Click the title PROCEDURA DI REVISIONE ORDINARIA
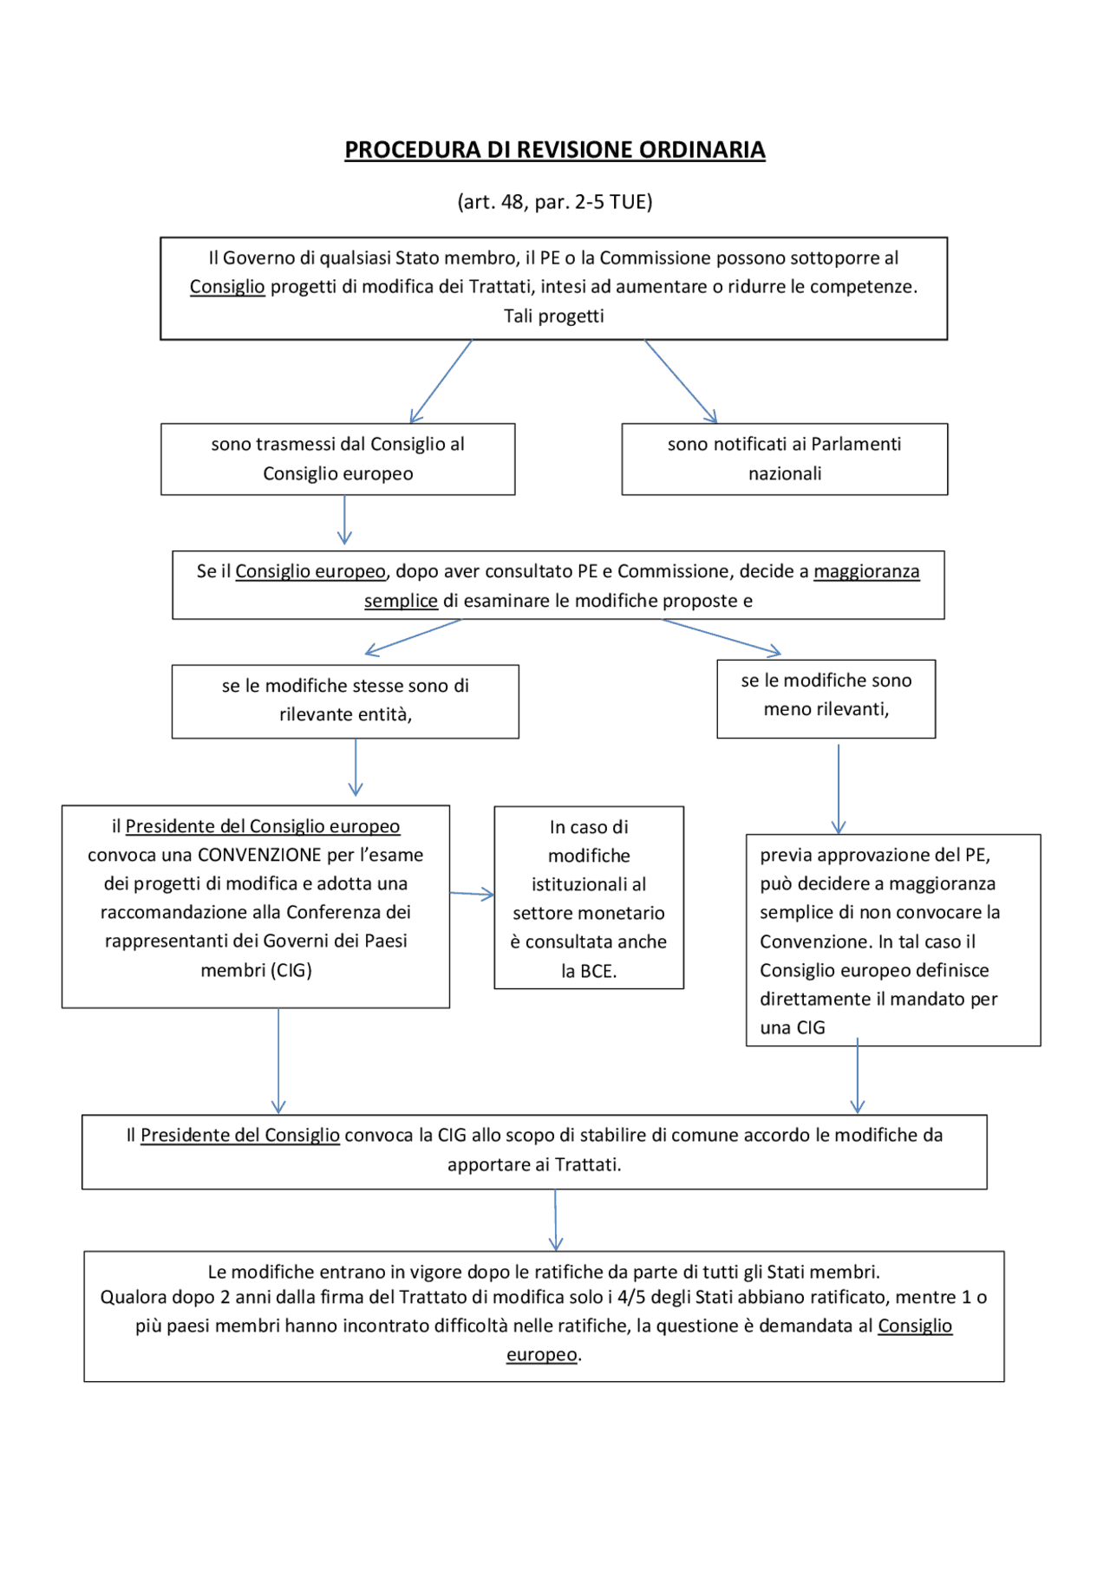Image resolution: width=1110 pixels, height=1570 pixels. pos(554,150)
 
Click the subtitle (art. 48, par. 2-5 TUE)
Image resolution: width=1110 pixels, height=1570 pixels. pos(554,202)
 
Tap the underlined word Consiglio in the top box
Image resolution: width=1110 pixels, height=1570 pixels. pos(227,287)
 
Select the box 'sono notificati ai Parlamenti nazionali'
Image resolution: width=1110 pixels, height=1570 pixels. pos(784,459)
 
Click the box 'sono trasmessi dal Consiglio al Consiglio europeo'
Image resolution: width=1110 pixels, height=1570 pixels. pos(337,459)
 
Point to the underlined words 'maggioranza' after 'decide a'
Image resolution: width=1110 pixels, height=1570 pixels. pos(865,571)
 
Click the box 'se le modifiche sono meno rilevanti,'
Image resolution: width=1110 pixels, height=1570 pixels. pos(826,699)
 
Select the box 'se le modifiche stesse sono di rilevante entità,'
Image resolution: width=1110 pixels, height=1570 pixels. pos(345,701)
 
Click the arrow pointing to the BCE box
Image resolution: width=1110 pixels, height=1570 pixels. pos(472,894)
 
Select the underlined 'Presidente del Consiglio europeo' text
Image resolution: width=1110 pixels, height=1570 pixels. pos(263,826)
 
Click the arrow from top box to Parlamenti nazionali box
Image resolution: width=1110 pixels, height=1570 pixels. pos(681,381)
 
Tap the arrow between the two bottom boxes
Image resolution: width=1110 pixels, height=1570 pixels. pos(556,1220)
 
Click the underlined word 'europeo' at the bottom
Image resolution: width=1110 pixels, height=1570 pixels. pos(542,1354)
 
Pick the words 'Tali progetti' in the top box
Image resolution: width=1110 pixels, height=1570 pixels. pos(553,316)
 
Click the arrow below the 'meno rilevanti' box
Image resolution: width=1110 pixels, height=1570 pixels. pos(839,787)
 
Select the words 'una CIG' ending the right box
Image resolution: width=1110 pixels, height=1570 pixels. pos(792,1027)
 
